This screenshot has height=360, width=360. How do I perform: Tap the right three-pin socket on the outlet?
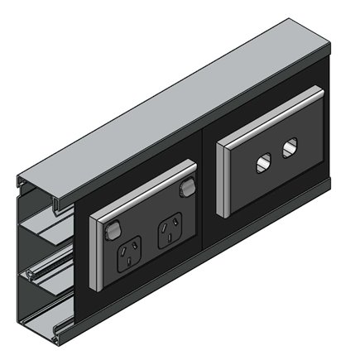pyautogui.click(x=170, y=225)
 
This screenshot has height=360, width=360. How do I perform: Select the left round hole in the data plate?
pyautogui.click(x=265, y=161)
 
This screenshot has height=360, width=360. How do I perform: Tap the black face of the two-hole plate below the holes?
pyautogui.click(x=277, y=182)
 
